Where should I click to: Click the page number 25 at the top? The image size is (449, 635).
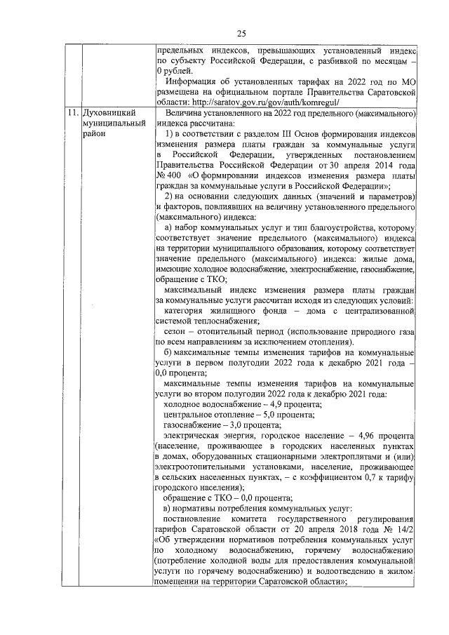point(240,33)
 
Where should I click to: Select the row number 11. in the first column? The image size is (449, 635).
point(72,113)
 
